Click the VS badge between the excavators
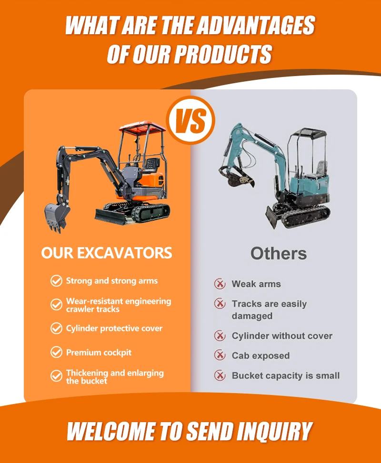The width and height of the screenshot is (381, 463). point(191,120)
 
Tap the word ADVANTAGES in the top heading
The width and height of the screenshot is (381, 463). point(256,25)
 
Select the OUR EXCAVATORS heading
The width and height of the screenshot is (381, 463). point(107,253)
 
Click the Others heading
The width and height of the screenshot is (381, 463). point(279,253)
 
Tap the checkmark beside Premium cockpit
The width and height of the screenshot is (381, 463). point(56,352)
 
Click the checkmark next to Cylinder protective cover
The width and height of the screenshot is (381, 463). point(56,328)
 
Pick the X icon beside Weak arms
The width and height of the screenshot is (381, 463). point(220,284)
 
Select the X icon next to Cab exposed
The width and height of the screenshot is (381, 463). point(220,355)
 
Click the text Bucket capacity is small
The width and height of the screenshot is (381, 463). point(286,376)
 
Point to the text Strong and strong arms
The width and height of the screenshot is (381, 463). point(112,281)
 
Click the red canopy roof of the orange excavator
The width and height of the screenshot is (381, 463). point(142,127)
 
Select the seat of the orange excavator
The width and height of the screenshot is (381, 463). point(152,165)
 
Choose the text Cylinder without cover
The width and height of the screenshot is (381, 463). point(282,336)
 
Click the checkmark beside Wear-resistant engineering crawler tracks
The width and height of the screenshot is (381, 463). point(56,304)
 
